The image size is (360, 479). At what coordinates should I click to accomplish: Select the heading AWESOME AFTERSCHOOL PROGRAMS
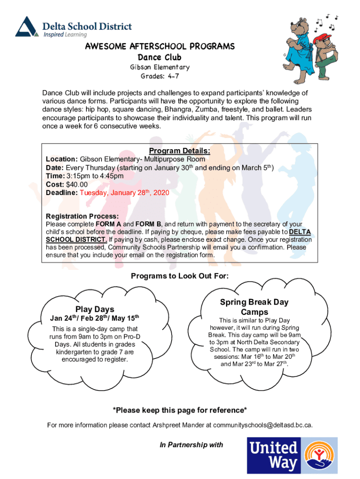pos(159,47)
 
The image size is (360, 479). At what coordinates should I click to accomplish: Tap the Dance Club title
pos(159,58)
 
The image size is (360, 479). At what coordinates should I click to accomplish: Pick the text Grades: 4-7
pos(159,76)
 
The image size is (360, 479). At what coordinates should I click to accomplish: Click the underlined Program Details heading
pos(180,151)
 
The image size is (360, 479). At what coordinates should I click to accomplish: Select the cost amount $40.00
pos(77,184)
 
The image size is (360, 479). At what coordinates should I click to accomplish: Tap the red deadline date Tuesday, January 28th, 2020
pos(124,193)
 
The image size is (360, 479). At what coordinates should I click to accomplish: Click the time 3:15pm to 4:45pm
pos(95,176)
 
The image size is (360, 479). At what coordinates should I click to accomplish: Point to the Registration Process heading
pos(82,216)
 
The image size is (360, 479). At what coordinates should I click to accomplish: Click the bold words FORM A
pos(109,225)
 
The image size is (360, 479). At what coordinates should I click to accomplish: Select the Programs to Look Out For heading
pos(180,276)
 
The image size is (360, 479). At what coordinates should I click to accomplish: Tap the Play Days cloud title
pos(95,309)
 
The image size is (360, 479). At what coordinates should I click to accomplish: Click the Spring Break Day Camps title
pos(254,307)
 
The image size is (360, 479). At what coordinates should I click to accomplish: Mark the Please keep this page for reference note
pos(180,410)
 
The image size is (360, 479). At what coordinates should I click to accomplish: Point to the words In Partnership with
pos(191,445)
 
